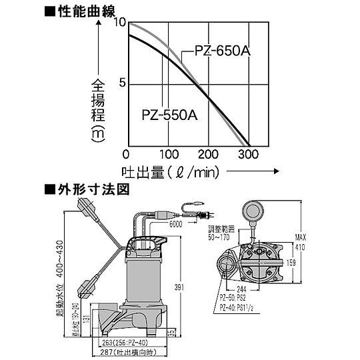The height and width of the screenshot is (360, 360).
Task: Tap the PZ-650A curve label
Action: click(222, 51)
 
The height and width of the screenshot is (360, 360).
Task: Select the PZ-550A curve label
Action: click(170, 114)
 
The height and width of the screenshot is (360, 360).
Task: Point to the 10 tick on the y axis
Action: click(120, 22)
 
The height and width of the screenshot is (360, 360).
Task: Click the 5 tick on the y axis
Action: click(122, 83)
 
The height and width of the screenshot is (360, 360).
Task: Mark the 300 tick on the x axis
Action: click(248, 154)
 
